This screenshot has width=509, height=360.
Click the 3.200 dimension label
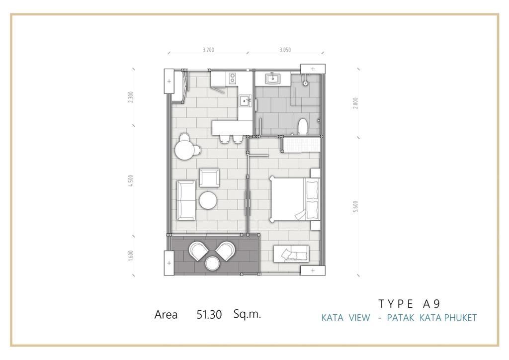tap(208, 50)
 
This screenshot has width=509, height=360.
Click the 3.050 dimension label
tap(285, 50)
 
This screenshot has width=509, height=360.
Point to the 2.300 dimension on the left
tap(131, 97)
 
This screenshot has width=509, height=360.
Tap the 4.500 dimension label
tap(131, 181)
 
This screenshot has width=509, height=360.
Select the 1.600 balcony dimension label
tap(131, 256)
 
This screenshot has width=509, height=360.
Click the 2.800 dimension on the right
tap(356, 103)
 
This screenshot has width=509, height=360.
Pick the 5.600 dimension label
tap(356, 207)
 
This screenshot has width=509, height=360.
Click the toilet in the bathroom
tap(303, 127)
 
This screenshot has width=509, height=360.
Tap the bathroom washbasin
tap(272, 79)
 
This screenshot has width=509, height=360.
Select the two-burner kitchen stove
tap(233, 78)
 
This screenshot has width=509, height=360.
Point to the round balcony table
tap(213, 263)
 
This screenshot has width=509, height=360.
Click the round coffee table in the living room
tap(208, 200)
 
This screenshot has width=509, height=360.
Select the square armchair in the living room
tap(209, 178)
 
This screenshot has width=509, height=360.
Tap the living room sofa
tap(186, 200)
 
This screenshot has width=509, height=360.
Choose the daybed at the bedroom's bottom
tap(291, 254)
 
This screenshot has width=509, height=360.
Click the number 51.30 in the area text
tap(209, 315)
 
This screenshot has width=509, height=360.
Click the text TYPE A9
tap(410, 304)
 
